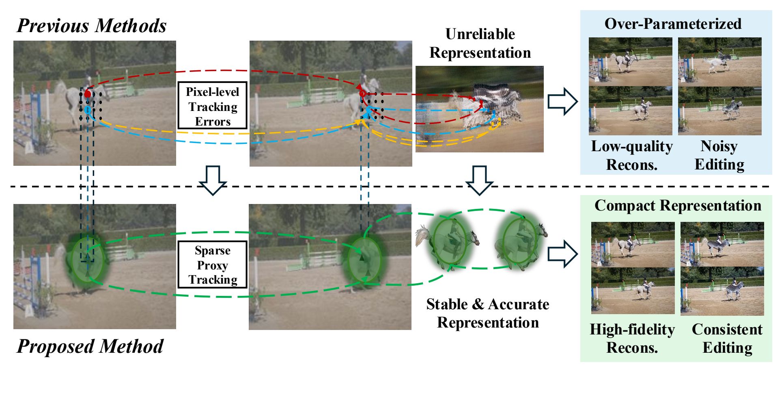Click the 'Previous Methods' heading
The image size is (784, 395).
click(92, 26)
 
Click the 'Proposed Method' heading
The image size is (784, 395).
click(90, 347)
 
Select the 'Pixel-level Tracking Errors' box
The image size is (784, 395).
click(212, 106)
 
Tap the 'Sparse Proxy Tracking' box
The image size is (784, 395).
click(212, 265)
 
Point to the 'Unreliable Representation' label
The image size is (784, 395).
click(480, 43)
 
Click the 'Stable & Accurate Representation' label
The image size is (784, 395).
click(488, 313)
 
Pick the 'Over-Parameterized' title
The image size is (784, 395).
click(673, 24)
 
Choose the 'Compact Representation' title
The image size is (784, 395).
click(678, 206)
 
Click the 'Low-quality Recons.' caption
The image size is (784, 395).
click(631, 155)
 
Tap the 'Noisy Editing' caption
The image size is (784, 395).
click(719, 155)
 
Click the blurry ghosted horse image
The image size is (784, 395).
click(479, 109)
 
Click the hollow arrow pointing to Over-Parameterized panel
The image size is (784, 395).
click(562, 101)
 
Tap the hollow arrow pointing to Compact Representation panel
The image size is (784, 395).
click(562, 254)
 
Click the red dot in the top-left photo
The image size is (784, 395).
click(88, 94)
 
